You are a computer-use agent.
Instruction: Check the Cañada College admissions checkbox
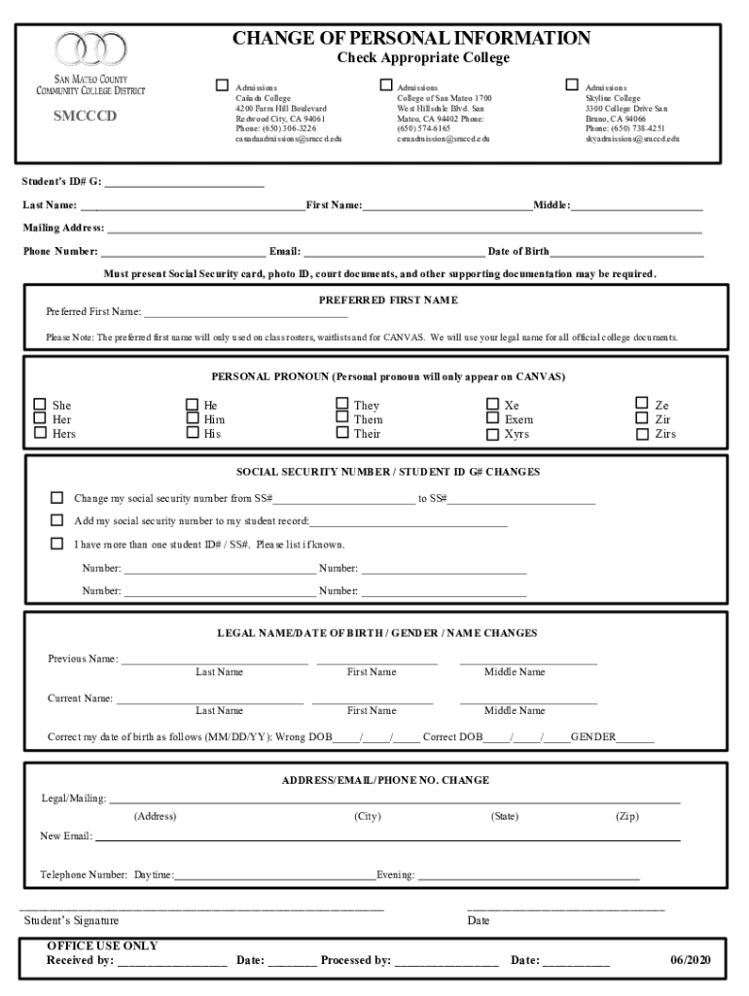[x=222, y=86]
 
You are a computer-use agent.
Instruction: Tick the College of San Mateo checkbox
[x=384, y=86]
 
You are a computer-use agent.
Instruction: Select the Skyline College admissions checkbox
[x=572, y=86]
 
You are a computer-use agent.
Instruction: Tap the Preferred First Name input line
[x=245, y=312]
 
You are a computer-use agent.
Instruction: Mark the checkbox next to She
[x=40, y=405]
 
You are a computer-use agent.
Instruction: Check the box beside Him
[x=191, y=419]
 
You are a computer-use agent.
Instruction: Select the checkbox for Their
[x=341, y=433]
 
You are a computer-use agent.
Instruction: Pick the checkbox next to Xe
[x=492, y=405]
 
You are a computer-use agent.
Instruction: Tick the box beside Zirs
[x=642, y=434]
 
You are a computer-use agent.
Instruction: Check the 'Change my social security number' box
[x=57, y=498]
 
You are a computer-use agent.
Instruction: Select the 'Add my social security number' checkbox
[x=57, y=520]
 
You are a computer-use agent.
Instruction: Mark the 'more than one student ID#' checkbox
[x=57, y=544]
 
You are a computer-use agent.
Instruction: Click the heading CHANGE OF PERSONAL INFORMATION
[x=410, y=39]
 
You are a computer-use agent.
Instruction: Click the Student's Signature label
[x=71, y=920]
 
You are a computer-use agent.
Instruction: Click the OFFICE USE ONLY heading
[x=102, y=945]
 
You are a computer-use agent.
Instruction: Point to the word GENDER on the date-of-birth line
[x=593, y=737]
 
